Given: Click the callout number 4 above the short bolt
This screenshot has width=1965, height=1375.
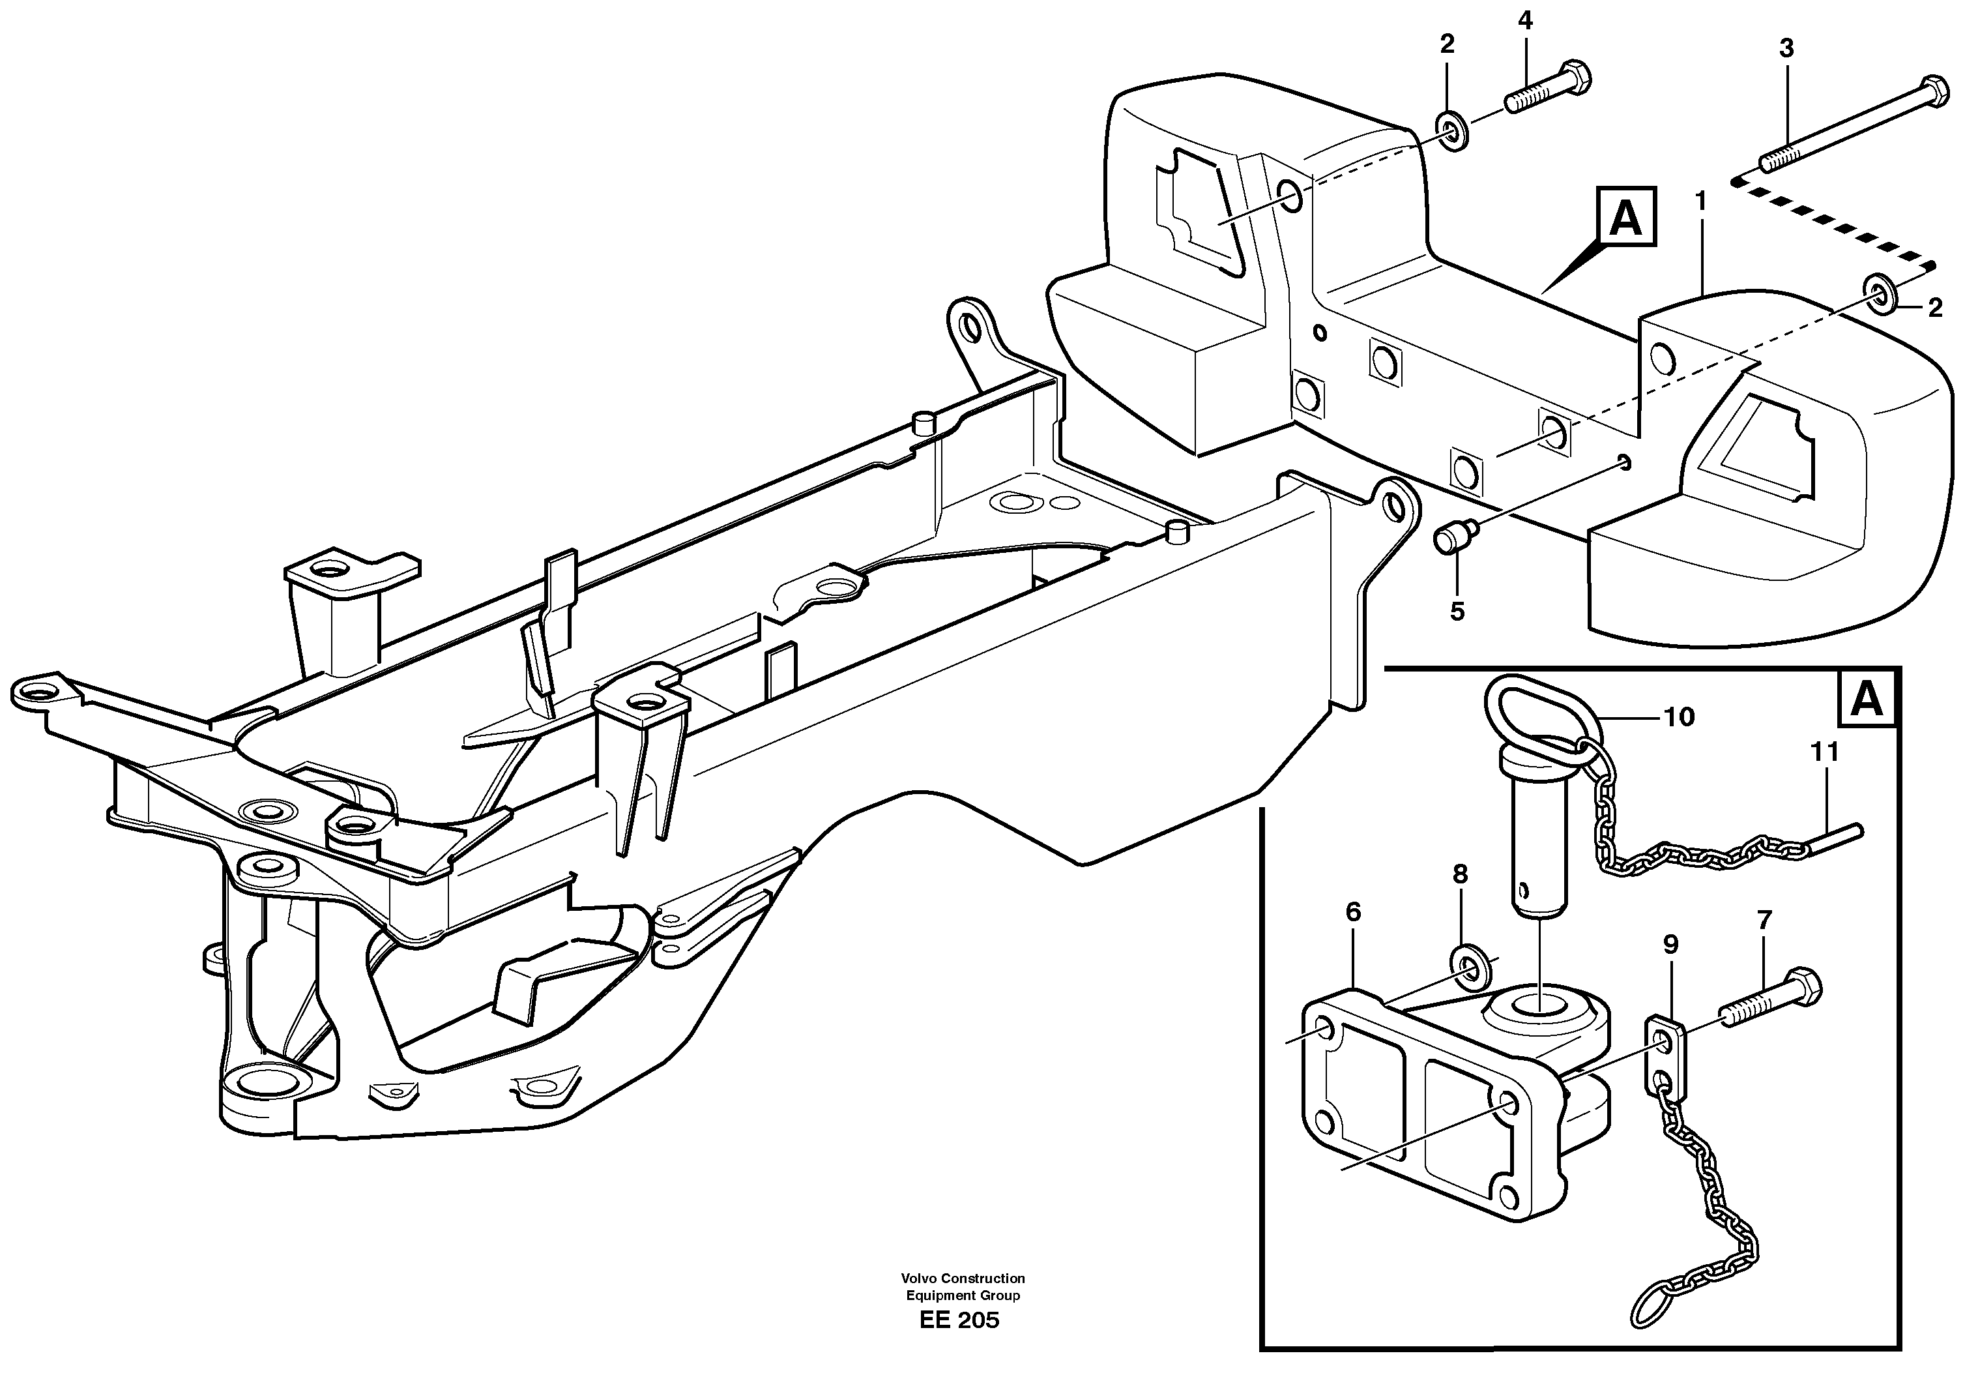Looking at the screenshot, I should [1524, 21].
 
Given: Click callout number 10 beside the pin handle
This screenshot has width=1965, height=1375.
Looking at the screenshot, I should [1679, 717].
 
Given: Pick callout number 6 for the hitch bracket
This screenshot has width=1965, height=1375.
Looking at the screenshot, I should [1352, 912].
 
